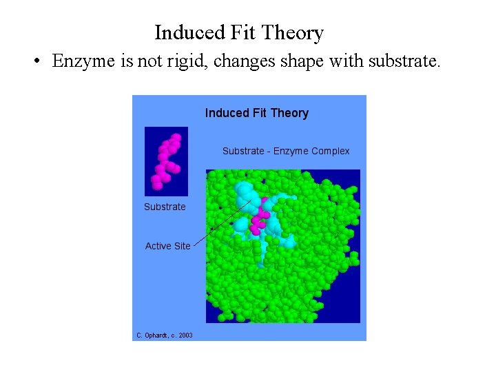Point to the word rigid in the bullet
click(189, 61)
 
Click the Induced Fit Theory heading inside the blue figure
click(256, 113)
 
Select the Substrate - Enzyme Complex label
click(286, 151)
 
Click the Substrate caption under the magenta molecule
click(165, 207)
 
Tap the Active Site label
click(167, 246)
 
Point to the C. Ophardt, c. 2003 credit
click(165, 335)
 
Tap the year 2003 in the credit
click(185, 335)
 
